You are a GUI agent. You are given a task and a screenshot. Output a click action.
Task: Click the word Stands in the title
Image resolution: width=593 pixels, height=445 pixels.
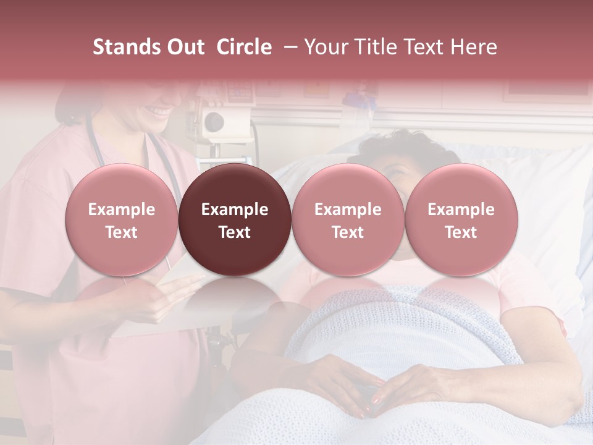(x=125, y=47)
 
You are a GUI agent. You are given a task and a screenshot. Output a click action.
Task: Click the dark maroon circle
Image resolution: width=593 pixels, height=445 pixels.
(x=235, y=219)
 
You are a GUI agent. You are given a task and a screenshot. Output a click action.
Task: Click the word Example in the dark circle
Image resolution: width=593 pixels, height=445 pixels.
(x=235, y=210)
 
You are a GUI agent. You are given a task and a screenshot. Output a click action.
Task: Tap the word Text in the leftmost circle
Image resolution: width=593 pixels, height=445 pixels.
(x=122, y=232)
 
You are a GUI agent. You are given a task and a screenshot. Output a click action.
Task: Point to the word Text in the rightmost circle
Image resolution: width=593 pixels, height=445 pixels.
(x=461, y=232)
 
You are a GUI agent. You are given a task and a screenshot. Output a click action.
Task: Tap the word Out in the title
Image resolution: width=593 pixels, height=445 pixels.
(x=187, y=47)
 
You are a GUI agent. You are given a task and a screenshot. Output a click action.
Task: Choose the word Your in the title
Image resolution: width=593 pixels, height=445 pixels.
(x=325, y=47)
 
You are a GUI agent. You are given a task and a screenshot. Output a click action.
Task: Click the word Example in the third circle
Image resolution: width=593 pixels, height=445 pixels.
(x=348, y=210)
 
